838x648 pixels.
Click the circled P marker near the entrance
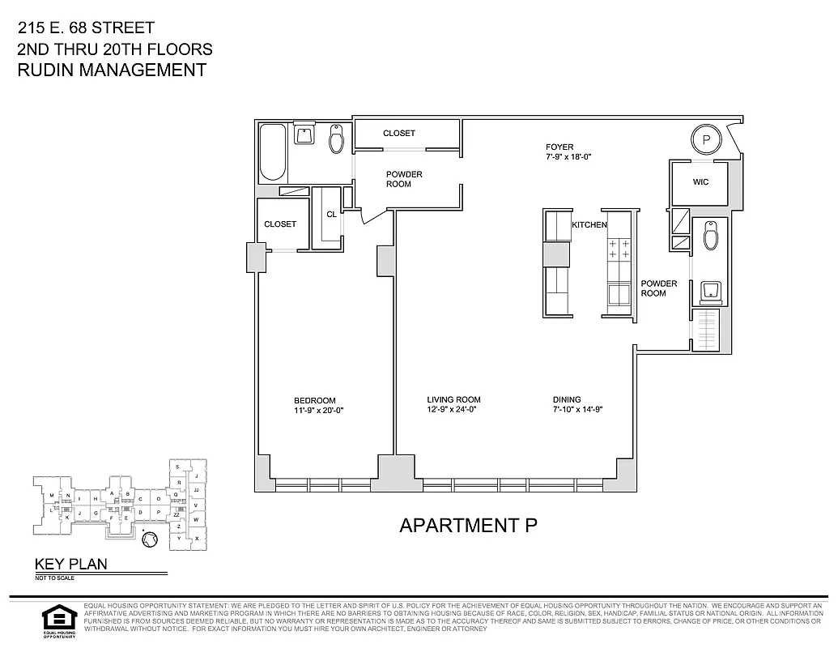[x=706, y=139]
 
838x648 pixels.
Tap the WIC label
[x=700, y=182]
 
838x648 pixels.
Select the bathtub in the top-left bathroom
[x=273, y=153]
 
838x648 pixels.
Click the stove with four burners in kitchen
[x=619, y=249]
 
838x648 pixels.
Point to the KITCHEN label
[x=589, y=224]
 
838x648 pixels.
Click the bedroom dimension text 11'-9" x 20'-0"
[x=314, y=410]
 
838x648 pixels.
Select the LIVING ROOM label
[x=453, y=399]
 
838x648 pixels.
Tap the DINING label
[x=567, y=399]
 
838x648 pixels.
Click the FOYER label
[x=559, y=147]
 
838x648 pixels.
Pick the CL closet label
[x=331, y=215]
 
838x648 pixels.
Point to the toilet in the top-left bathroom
[x=337, y=141]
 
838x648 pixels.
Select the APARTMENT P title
[x=469, y=525]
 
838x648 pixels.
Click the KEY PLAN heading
[x=70, y=565]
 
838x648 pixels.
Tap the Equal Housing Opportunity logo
[x=57, y=620]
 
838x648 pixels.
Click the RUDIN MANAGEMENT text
[x=112, y=70]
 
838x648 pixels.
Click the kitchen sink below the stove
[x=619, y=292]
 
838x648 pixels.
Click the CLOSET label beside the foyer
[x=398, y=133]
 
